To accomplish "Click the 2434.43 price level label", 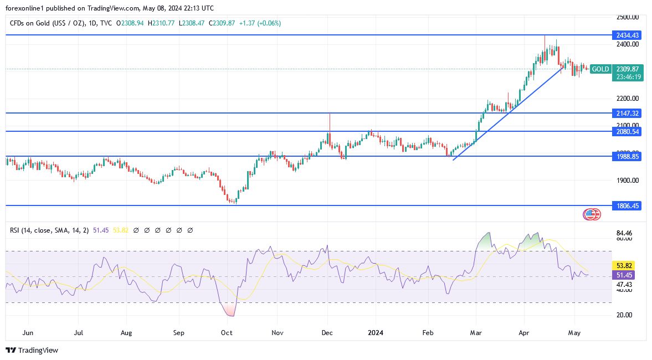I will [x=628, y=35].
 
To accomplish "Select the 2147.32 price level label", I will [x=628, y=113].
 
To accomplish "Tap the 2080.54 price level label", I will [x=628, y=131].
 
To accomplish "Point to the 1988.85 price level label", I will [x=628, y=157].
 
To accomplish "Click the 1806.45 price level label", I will [x=628, y=205].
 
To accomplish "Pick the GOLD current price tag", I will [x=600, y=69].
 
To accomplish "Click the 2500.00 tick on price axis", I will [x=628, y=17].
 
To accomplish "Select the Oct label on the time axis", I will [x=227, y=333].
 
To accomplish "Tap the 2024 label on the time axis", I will [x=375, y=333].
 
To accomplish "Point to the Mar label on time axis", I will [x=476, y=333].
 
